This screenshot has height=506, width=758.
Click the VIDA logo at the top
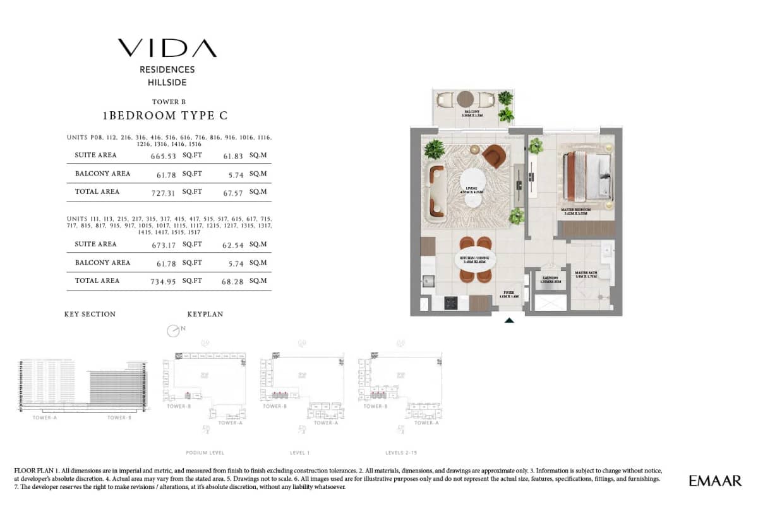[167, 48]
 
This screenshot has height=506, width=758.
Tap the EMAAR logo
[715, 481]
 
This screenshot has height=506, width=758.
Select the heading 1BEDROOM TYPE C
[165, 116]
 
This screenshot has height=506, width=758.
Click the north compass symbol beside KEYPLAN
[173, 330]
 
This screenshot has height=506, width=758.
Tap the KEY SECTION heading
[90, 314]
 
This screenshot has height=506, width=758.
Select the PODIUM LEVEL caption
[205, 453]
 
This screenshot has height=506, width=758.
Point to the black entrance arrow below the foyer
[509, 320]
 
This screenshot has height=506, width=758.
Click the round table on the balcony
[466, 99]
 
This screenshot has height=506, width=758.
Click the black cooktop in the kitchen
[452, 303]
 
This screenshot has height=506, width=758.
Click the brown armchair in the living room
[493, 155]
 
